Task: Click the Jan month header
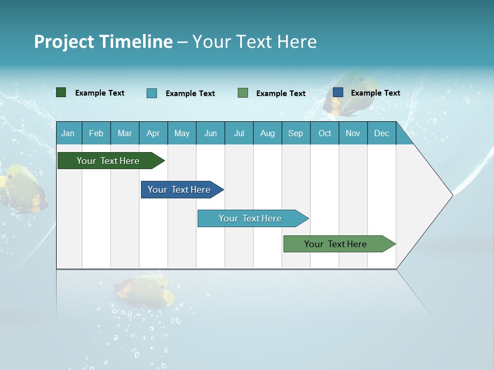(68, 133)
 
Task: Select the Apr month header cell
(153, 133)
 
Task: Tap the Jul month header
(239, 133)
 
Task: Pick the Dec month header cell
(381, 133)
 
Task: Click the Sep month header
(295, 133)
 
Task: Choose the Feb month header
(96, 133)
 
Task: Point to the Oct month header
(325, 133)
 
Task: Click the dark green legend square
(61, 92)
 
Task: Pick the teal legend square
(152, 93)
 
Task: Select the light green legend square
(243, 93)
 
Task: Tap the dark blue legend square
(338, 92)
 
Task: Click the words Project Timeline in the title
(103, 42)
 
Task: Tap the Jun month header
(210, 133)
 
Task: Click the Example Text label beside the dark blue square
(375, 93)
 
